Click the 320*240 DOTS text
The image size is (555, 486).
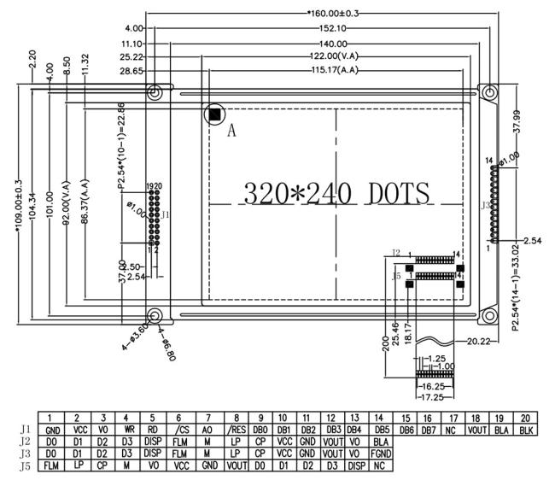[336, 194]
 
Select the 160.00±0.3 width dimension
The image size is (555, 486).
[335, 13]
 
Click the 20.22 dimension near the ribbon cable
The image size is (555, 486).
[478, 342]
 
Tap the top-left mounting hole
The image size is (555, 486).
[155, 91]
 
